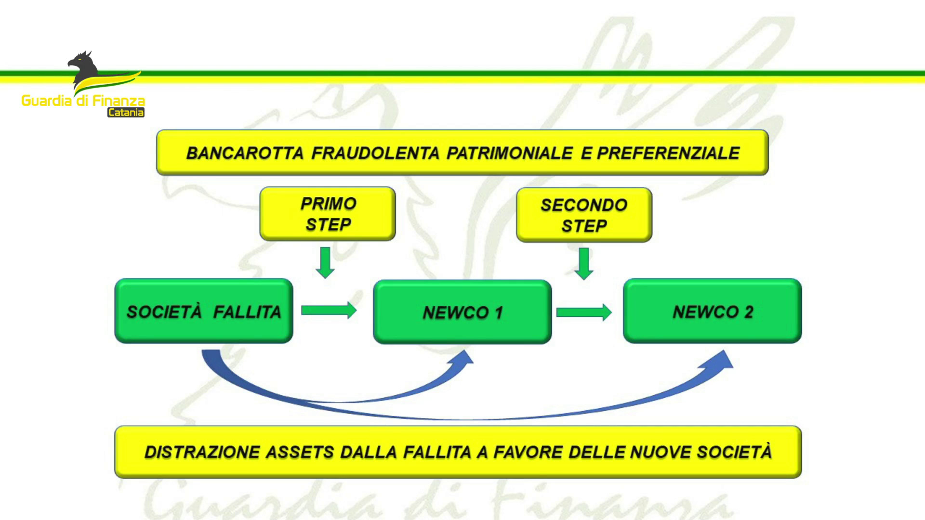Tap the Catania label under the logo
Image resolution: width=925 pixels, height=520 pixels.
click(x=126, y=113)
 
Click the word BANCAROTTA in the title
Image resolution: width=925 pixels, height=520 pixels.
click(x=245, y=153)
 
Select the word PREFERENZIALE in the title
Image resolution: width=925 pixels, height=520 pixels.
click(x=668, y=153)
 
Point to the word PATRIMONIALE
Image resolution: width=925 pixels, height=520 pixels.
click(x=510, y=153)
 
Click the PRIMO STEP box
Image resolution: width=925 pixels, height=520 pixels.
click(x=328, y=214)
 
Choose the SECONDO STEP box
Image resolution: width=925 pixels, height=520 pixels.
click(x=584, y=215)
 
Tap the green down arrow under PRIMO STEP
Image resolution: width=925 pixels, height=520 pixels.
click(x=326, y=262)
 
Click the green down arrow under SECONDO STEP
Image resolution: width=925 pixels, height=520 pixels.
click(x=584, y=263)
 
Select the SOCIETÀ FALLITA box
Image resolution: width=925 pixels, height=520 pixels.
click(x=204, y=311)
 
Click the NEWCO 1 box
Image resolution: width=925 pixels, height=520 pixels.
click(x=462, y=312)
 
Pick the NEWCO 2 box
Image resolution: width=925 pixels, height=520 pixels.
click(x=713, y=311)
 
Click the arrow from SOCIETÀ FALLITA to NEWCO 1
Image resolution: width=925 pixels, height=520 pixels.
click(x=329, y=310)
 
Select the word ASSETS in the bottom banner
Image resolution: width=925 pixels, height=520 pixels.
click(x=300, y=452)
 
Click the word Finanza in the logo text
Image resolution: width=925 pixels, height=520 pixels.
click(x=119, y=101)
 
